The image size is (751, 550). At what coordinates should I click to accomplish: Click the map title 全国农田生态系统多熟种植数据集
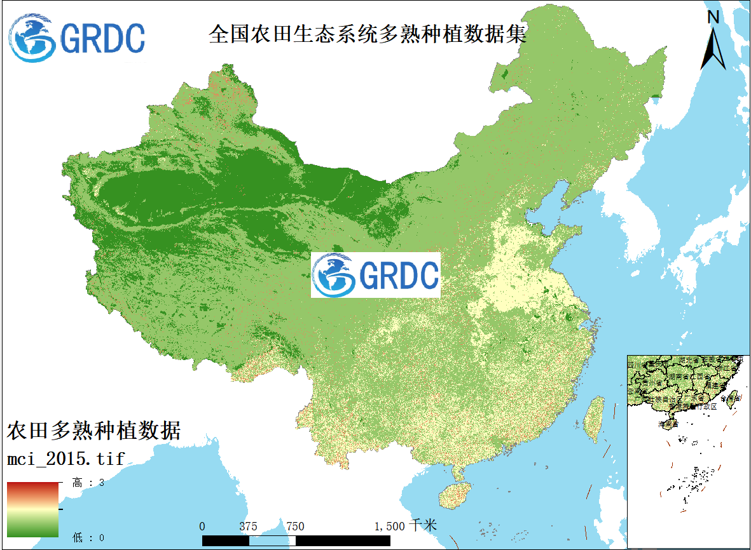click(368, 34)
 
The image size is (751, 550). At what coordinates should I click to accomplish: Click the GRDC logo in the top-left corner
click(77, 37)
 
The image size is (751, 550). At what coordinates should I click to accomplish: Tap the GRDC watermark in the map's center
click(375, 275)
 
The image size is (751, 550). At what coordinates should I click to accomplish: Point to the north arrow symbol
click(713, 48)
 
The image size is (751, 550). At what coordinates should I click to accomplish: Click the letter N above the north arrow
click(713, 17)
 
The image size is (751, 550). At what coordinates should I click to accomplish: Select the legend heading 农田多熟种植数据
click(94, 431)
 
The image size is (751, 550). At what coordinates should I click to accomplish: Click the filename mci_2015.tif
click(65, 457)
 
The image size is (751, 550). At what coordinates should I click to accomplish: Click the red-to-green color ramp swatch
click(33, 509)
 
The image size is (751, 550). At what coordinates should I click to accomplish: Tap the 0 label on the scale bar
click(202, 526)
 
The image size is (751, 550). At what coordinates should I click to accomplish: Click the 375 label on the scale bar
click(249, 526)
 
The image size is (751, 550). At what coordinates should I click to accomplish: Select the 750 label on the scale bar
click(295, 526)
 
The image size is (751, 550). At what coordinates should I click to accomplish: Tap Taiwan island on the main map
click(595, 419)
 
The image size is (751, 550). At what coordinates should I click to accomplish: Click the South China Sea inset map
click(687, 451)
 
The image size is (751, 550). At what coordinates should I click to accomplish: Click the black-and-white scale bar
click(296, 540)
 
